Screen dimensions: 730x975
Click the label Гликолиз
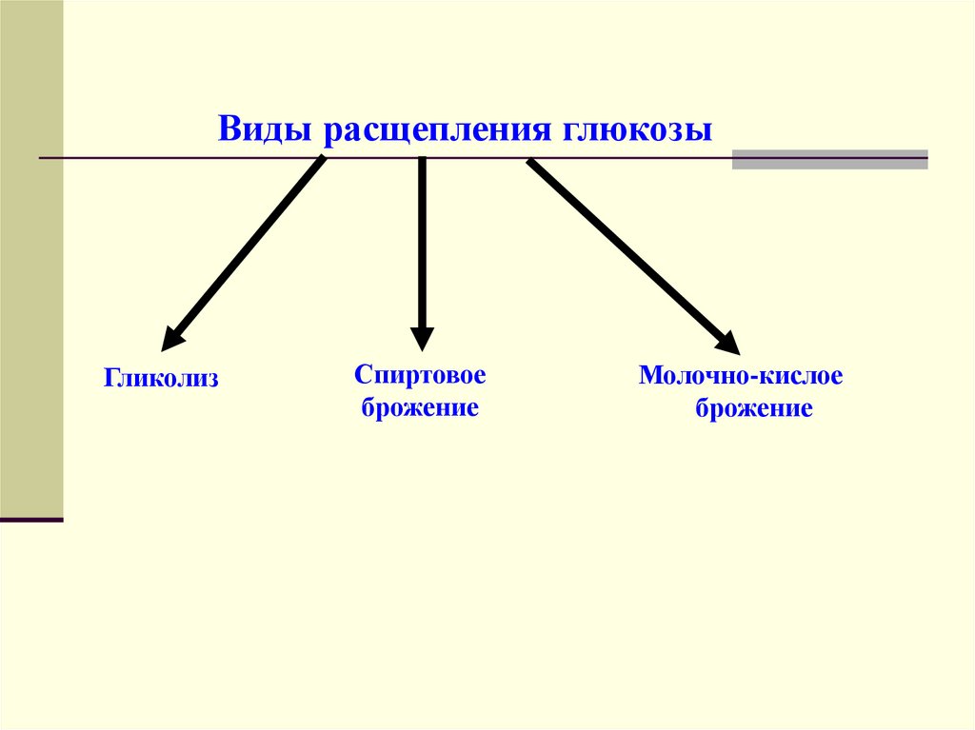coord(162,379)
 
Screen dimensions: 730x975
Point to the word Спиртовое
coord(420,373)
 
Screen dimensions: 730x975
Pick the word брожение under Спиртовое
coord(419,410)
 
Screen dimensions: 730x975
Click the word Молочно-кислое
coord(741,375)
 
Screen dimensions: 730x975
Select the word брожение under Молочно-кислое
coord(753,410)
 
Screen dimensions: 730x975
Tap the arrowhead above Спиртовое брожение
coord(422,338)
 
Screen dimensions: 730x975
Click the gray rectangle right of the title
coord(829,159)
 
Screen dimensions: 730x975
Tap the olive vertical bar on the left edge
coord(31,257)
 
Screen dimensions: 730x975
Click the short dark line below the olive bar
coord(31,520)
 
